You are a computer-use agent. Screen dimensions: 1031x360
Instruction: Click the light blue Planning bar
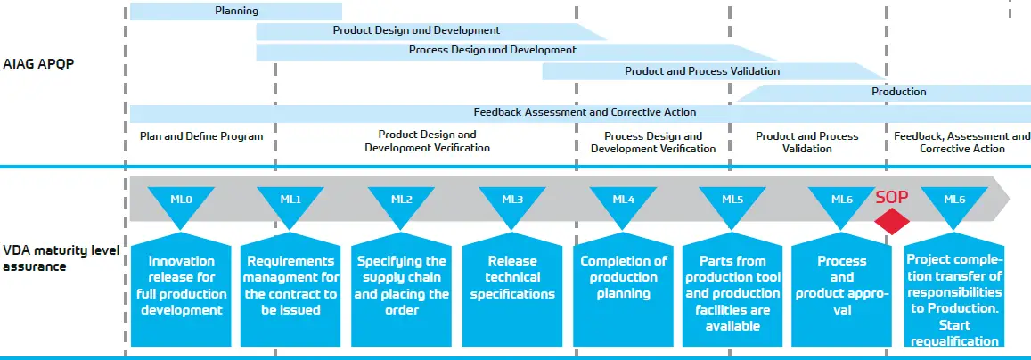click(x=236, y=12)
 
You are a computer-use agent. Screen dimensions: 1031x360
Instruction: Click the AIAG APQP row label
click(x=29, y=64)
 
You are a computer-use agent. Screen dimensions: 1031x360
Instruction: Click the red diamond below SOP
click(x=892, y=221)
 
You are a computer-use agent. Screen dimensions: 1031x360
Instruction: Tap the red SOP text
click(x=892, y=197)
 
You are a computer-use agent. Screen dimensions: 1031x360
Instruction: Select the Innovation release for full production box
click(x=181, y=290)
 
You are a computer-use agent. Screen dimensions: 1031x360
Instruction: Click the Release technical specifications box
click(x=512, y=290)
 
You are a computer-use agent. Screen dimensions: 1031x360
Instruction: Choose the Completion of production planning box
click(x=623, y=290)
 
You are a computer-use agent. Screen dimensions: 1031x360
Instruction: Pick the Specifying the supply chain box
click(x=401, y=290)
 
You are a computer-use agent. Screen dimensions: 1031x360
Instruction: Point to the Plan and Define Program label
click(x=201, y=136)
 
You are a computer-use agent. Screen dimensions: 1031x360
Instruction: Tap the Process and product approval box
click(x=841, y=290)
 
